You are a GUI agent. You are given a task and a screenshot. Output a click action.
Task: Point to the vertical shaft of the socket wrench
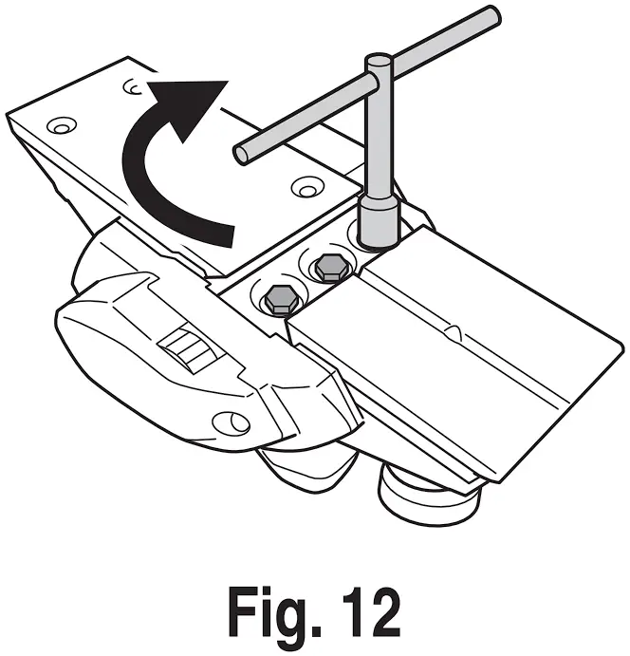coord(380,142)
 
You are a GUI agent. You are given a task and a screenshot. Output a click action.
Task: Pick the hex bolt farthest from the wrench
coord(280,300)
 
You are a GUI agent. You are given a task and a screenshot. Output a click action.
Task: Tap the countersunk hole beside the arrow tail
coord(305,186)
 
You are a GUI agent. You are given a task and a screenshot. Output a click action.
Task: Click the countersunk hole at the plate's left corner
coord(62,124)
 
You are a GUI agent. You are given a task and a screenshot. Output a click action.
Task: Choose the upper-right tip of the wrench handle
coord(492,13)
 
